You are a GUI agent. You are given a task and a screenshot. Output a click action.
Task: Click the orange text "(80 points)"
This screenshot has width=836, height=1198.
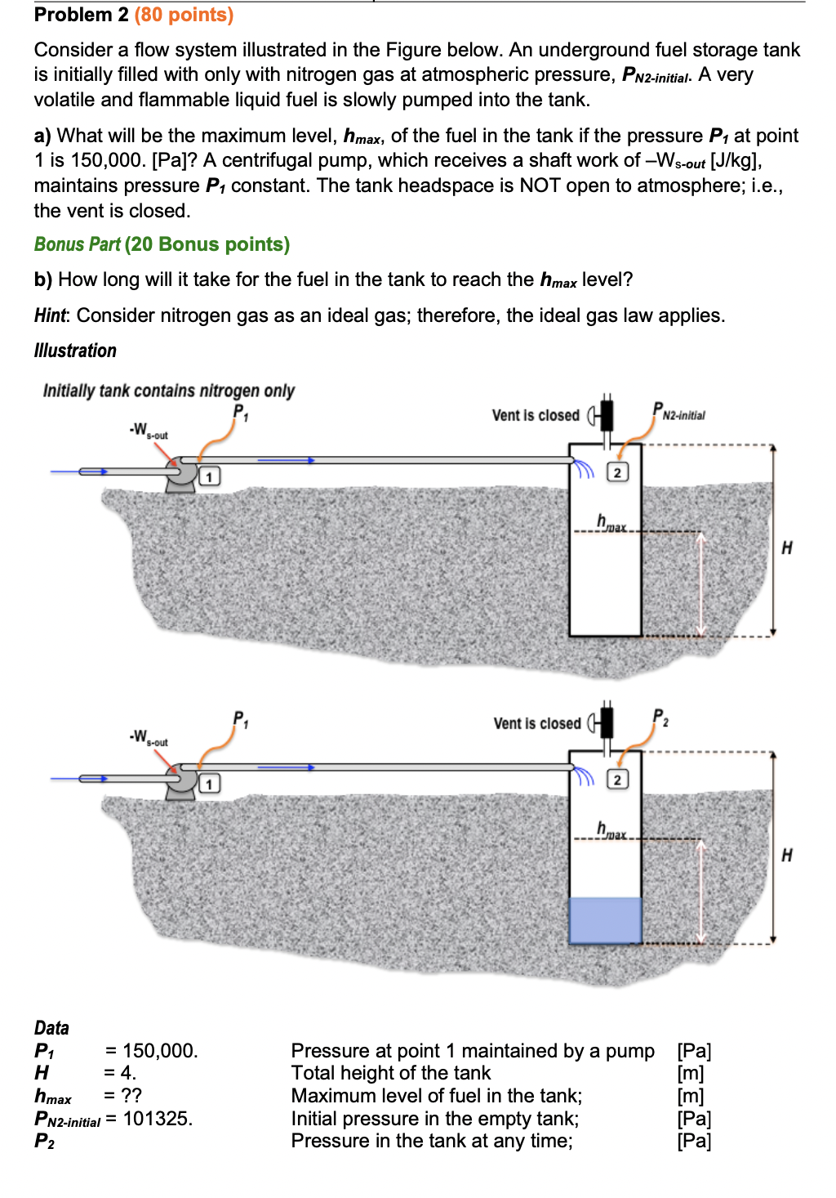184,15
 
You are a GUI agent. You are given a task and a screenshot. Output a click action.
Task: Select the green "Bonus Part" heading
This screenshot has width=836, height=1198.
77,244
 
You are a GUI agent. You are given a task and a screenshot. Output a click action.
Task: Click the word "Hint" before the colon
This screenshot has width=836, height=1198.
51,315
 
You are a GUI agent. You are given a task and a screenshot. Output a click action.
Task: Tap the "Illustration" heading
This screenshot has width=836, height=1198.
75,351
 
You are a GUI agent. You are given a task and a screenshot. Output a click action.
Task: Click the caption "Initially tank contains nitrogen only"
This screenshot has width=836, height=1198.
168,391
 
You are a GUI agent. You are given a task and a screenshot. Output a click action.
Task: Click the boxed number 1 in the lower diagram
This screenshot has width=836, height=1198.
209,784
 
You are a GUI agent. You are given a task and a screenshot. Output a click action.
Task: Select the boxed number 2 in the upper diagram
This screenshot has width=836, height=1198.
617,472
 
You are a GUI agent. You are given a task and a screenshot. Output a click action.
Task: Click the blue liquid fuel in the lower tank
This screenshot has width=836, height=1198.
605,920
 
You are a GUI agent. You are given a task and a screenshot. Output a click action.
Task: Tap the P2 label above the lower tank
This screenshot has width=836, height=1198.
660,718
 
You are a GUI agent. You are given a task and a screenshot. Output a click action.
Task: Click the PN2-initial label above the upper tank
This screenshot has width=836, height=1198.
678,412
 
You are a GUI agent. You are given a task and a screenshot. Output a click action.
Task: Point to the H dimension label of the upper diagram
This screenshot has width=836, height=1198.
787,548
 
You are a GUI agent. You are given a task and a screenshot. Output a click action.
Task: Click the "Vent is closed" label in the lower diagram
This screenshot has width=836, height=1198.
536,723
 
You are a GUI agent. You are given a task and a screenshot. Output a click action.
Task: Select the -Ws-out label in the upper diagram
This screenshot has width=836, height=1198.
148,430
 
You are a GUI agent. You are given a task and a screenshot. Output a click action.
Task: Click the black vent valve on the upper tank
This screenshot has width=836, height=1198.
607,415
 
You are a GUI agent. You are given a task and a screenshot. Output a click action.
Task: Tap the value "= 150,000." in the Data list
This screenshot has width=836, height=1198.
151,1051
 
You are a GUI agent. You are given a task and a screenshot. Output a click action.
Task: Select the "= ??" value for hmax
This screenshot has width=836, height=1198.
122,1096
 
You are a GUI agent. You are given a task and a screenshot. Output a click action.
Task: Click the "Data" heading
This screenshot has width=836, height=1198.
51,1028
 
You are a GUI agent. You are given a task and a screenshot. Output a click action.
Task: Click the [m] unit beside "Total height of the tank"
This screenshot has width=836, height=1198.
691,1073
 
